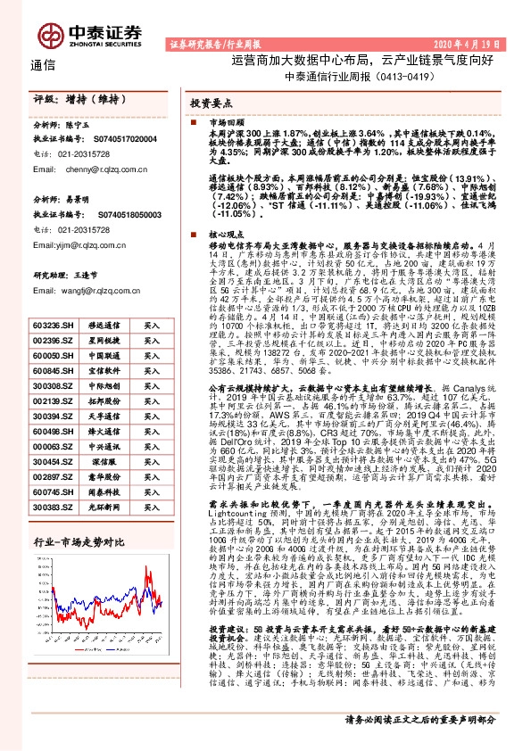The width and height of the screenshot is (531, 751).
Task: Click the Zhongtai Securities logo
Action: point(90,30)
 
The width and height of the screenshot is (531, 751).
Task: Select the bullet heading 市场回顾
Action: point(224,120)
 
